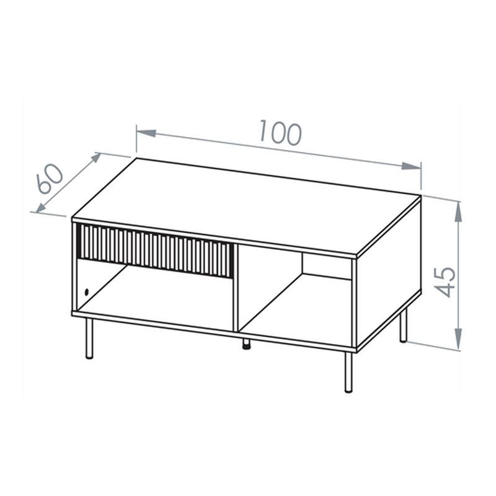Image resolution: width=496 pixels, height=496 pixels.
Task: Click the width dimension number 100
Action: point(281,133)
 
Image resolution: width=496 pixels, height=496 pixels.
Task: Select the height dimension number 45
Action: point(445,283)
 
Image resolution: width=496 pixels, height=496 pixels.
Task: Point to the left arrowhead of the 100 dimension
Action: point(146,133)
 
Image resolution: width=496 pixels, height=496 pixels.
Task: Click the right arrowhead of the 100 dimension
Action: point(411,166)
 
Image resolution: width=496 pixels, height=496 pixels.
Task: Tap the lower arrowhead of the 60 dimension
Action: point(41,207)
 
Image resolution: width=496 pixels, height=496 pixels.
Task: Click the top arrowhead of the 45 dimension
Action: point(458,211)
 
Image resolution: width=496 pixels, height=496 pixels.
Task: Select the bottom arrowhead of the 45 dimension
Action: point(458,339)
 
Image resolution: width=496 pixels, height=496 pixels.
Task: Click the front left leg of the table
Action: point(89,338)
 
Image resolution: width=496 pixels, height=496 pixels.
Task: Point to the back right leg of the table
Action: point(403,325)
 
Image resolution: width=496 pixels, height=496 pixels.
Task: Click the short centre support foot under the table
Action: point(246,344)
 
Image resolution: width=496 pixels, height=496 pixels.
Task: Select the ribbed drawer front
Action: point(156,250)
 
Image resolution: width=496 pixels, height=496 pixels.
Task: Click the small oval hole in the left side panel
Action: point(86,293)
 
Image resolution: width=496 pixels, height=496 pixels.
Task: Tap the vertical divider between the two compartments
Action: point(236,288)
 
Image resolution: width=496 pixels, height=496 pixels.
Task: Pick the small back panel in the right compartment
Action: point(327,267)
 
